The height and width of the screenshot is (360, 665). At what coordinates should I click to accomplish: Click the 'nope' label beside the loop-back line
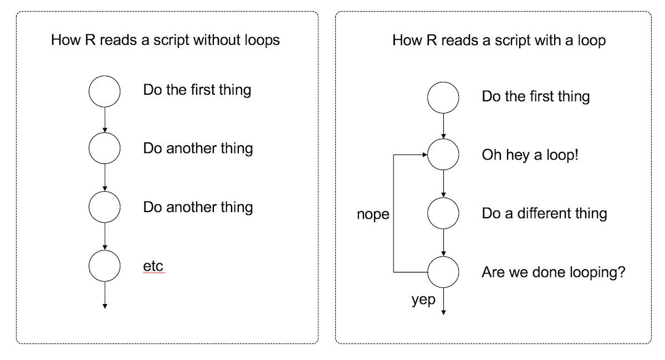pos(373,214)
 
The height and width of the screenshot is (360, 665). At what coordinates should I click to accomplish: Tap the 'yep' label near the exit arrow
pos(423,300)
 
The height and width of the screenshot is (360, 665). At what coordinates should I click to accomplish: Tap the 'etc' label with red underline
pos(153,266)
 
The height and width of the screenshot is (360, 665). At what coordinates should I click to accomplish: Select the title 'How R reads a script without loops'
pos(165,40)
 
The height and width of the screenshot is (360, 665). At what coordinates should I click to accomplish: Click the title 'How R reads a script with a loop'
pos(499,40)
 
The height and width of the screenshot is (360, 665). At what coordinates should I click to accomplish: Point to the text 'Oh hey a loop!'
pos(530,155)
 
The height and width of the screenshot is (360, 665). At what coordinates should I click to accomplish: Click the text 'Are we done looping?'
pos(554,272)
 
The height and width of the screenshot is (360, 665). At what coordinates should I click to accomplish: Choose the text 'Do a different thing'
pos(544,213)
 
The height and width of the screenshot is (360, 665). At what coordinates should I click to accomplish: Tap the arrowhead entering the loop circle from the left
pos(425,155)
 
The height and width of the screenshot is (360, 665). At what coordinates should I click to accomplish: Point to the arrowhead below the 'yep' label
pos(443,312)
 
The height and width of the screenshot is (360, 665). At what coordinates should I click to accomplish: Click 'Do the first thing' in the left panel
pos(197,90)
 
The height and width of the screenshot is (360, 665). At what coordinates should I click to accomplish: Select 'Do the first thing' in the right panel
pos(536,96)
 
